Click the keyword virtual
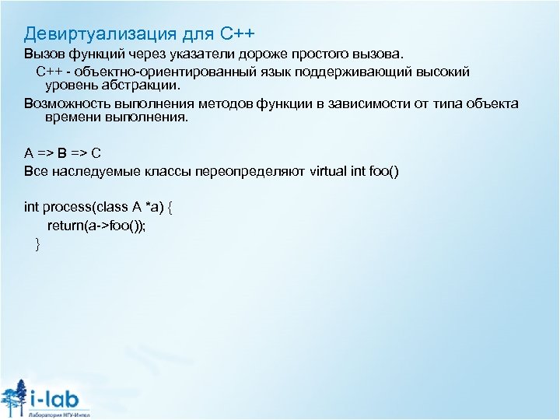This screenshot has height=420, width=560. click(331, 170)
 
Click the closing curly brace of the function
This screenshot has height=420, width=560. click(37, 244)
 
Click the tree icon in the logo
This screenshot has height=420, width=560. click(14, 394)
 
